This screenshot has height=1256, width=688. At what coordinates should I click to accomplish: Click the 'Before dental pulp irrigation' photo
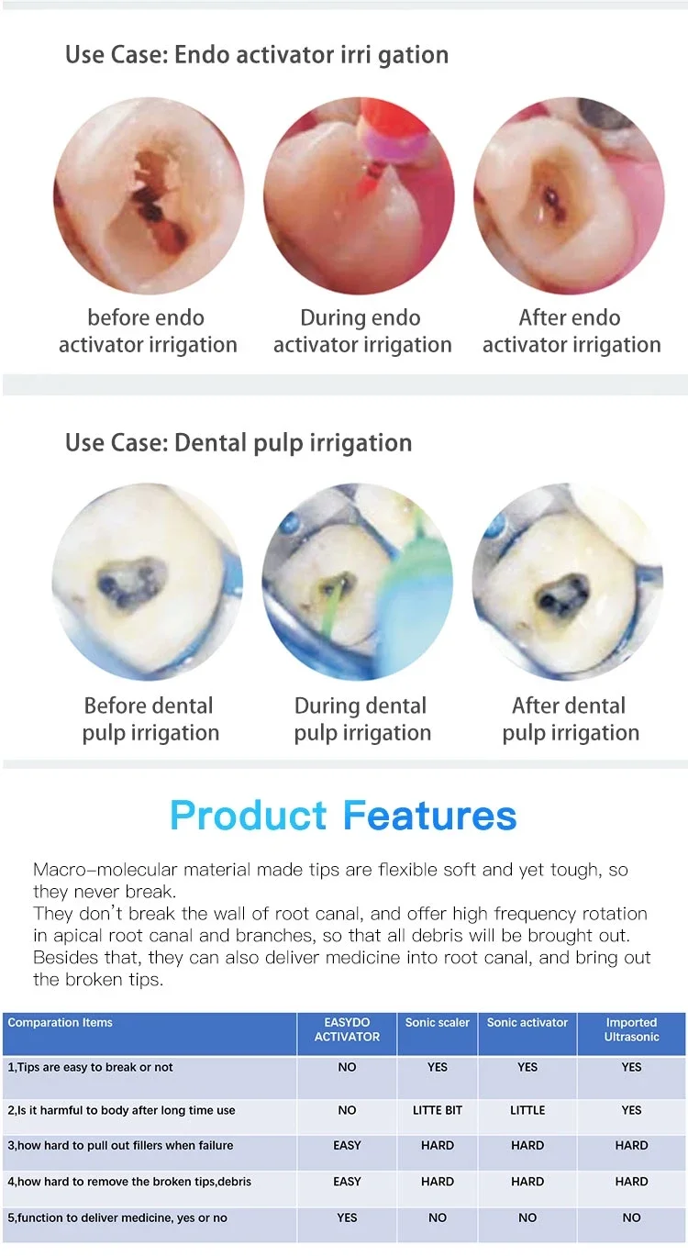[148, 583]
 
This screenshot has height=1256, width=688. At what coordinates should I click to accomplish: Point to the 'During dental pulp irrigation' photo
[360, 583]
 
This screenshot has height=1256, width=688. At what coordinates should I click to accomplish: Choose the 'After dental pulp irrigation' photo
[569, 583]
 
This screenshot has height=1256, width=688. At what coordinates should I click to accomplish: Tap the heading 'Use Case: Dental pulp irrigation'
[239, 443]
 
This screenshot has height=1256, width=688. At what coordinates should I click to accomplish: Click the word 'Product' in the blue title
[248, 816]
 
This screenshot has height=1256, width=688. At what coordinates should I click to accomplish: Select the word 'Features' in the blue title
[429, 816]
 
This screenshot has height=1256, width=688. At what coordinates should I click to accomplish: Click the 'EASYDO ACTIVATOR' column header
[347, 1029]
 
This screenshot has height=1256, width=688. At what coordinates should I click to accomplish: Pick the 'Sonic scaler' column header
[438, 1023]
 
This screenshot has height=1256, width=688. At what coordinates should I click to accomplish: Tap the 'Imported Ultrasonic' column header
[631, 1029]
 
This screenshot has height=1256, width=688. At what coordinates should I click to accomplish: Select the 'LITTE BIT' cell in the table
[438, 1110]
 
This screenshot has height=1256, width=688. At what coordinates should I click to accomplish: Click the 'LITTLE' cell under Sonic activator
[527, 1110]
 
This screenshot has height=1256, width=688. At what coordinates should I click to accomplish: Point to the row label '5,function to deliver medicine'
[117, 1217]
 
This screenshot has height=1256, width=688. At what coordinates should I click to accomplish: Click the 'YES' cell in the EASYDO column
[347, 1217]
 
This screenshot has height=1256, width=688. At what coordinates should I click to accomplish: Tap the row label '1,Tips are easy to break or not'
[90, 1068]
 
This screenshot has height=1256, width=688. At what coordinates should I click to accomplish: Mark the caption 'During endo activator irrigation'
[361, 331]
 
